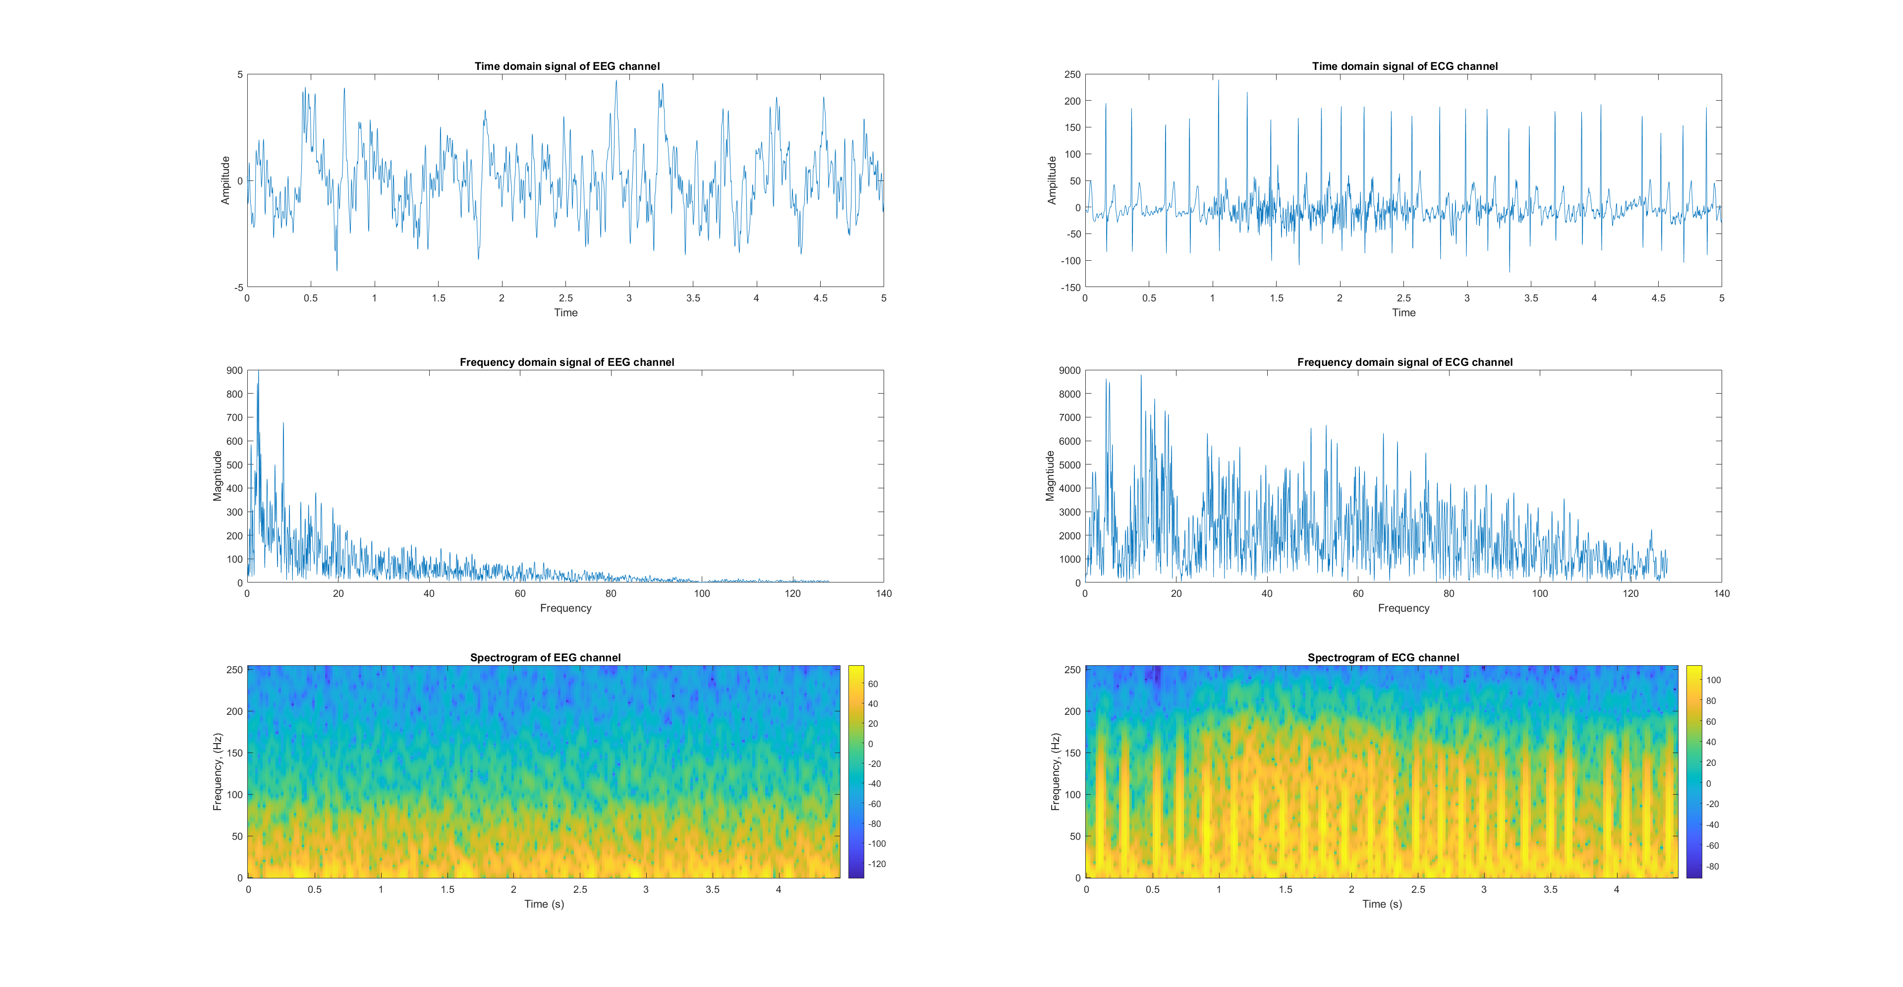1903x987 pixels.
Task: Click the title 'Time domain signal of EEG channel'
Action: [x=566, y=66]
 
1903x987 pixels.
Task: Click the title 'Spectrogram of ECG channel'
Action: [x=1383, y=657]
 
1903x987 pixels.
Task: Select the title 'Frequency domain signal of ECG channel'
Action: [x=1404, y=362]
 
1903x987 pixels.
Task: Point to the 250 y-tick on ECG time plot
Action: [x=1072, y=75]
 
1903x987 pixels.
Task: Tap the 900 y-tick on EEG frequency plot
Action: [x=234, y=370]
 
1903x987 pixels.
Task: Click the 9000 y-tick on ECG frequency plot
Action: [x=1069, y=370]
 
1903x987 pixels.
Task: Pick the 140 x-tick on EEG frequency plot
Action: [x=884, y=593]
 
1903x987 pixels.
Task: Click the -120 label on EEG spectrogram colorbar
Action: [x=877, y=864]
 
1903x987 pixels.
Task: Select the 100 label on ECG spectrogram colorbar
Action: [x=1713, y=680]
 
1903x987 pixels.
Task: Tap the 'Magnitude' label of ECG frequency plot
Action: [x=1050, y=476]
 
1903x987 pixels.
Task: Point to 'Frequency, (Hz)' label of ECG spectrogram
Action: [x=1055, y=771]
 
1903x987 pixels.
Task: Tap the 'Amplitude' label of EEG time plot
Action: [x=225, y=180]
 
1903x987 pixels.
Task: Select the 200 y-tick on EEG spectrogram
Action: [x=234, y=711]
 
